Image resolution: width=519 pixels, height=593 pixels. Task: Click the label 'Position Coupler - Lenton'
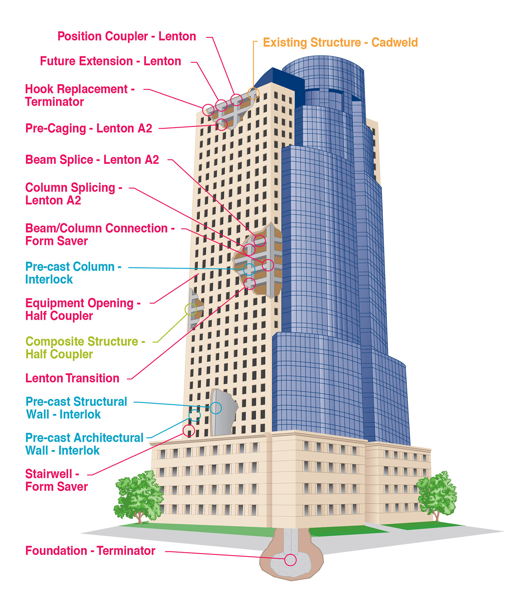coord(127,36)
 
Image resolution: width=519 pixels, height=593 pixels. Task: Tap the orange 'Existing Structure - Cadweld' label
coord(340,42)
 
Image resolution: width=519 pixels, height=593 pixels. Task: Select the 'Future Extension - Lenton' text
coord(110,61)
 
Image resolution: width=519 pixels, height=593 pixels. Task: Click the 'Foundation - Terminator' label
coord(90,551)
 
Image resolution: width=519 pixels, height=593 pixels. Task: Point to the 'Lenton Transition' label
coord(72,378)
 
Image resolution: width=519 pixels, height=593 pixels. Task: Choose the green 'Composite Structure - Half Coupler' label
coord(85,348)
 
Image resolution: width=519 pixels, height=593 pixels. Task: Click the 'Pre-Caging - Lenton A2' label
coord(89,128)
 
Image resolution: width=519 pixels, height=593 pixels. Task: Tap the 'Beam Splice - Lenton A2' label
coord(92,160)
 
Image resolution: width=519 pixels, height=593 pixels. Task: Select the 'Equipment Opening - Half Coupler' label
coord(83,309)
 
